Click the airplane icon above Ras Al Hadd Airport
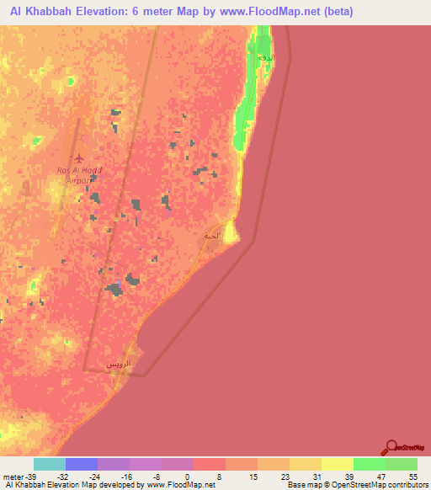click(79, 158)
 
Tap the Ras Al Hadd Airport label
click(79, 175)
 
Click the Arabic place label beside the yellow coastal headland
click(211, 236)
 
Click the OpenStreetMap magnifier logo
click(391, 447)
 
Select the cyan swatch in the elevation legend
click(50, 464)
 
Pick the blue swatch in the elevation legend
click(82, 464)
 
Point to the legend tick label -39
click(30, 476)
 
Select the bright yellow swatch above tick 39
click(338, 464)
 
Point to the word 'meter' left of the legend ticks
click(13, 476)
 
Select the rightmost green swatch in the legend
click(402, 464)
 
